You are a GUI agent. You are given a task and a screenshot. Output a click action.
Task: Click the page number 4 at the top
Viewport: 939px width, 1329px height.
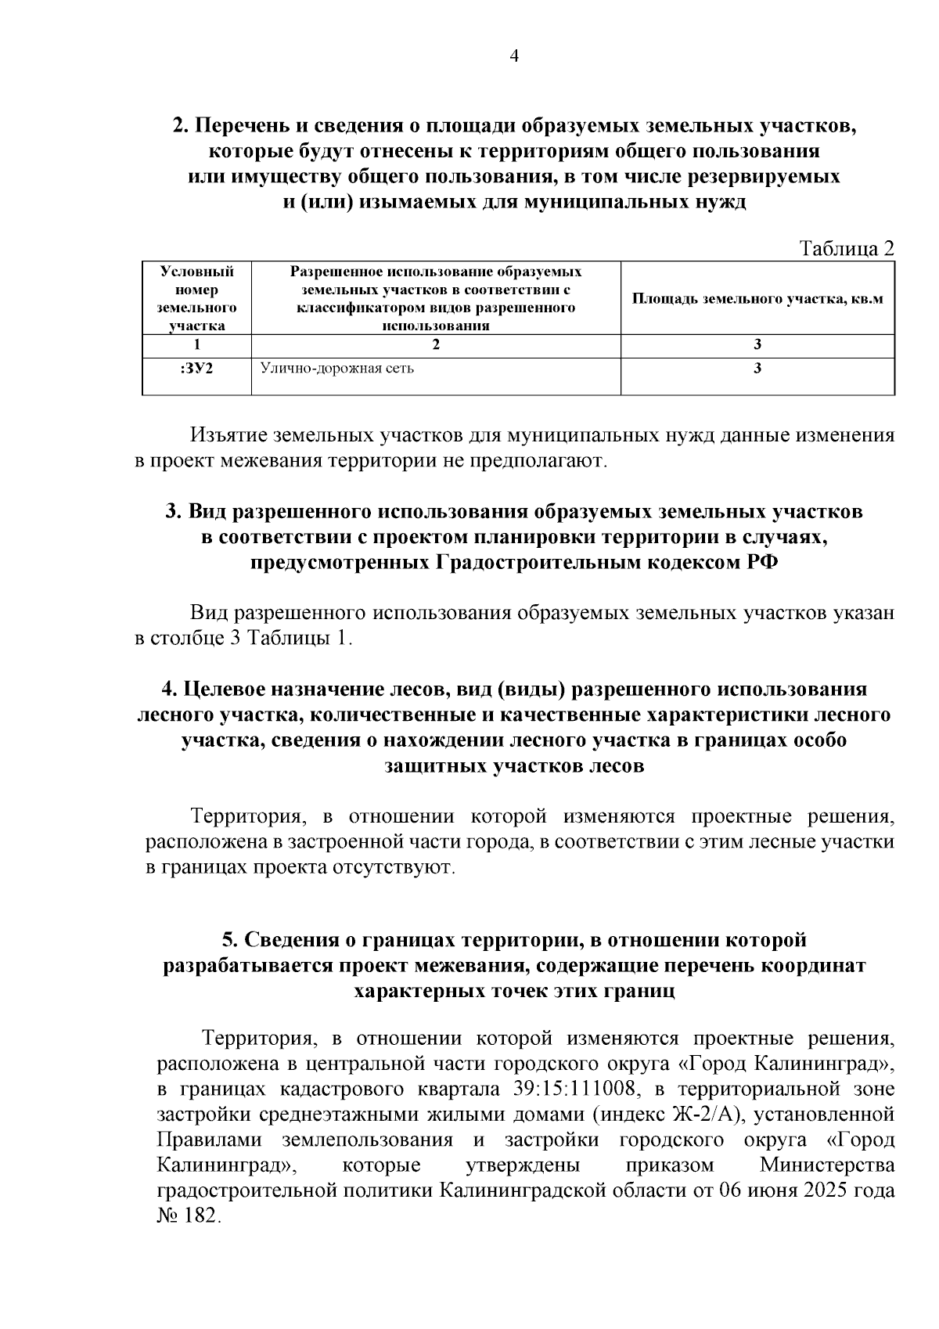pyautogui.click(x=514, y=56)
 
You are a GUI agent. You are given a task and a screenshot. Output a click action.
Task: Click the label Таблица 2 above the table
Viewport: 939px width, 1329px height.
pyautogui.click(x=846, y=249)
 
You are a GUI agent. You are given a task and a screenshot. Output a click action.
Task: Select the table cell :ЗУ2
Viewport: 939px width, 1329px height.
pyautogui.click(x=196, y=369)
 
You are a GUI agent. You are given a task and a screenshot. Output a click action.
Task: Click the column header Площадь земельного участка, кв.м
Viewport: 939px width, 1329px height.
pyautogui.click(x=757, y=299)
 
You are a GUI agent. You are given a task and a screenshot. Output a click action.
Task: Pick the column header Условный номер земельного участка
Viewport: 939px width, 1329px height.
pyautogui.click(x=196, y=299)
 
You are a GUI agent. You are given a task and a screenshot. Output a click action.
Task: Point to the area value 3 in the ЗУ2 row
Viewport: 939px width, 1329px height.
pyautogui.click(x=757, y=369)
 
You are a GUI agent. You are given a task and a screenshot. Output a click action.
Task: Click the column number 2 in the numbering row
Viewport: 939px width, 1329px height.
pyautogui.click(x=436, y=344)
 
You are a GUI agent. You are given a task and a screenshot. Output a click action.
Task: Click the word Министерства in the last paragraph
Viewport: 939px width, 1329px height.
pyautogui.click(x=826, y=1165)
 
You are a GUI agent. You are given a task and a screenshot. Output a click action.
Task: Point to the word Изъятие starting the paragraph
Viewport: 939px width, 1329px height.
pyautogui.click(x=228, y=437)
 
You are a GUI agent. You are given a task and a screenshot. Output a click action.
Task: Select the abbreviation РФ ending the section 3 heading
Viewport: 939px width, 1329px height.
pyautogui.click(x=760, y=563)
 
